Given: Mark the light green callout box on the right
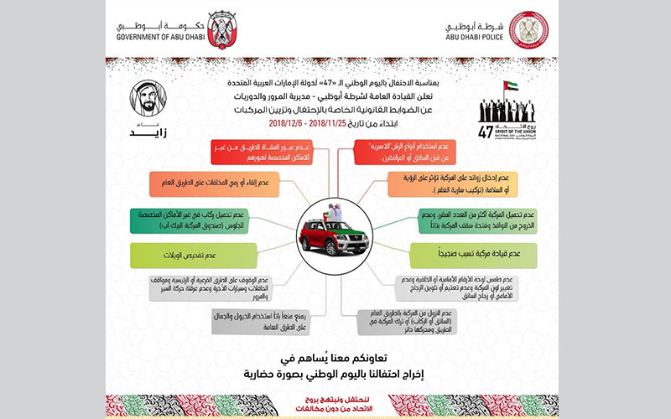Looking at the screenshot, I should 473,254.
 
